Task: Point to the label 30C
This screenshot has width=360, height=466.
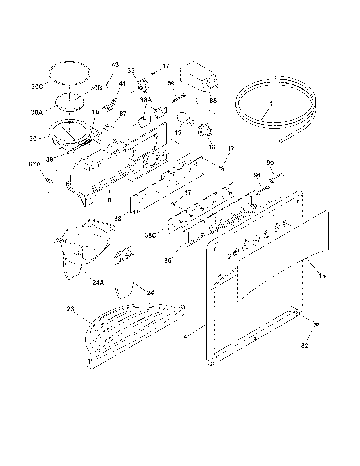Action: [x=37, y=87]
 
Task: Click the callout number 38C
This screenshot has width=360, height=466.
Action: [x=150, y=235]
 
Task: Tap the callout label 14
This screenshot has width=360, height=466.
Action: [x=322, y=275]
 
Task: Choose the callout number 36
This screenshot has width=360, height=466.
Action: [x=168, y=260]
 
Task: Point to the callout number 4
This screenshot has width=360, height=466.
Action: [x=185, y=337]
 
